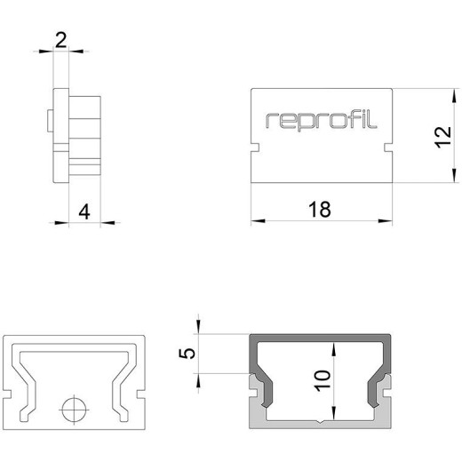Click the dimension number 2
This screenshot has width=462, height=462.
(x=60, y=41)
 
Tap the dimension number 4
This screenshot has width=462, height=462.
(x=84, y=212)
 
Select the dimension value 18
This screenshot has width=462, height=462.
(x=320, y=210)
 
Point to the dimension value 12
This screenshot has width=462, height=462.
(x=443, y=137)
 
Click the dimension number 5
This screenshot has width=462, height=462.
(x=187, y=354)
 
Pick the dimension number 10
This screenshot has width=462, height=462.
(x=323, y=380)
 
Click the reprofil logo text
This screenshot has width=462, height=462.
(x=322, y=121)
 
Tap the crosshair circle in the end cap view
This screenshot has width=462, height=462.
(x=74, y=410)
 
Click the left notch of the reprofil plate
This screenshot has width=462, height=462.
(x=255, y=147)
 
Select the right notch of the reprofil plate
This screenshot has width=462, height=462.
(x=388, y=147)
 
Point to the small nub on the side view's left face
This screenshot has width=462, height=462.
(x=50, y=121)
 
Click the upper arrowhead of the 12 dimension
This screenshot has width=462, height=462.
(x=454, y=96)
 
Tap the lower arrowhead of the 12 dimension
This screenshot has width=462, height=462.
(x=454, y=175)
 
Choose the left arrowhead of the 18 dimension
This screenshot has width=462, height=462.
(x=258, y=220)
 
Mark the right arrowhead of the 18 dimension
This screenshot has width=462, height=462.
(x=386, y=220)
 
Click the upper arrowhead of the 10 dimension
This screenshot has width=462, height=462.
(x=334, y=349)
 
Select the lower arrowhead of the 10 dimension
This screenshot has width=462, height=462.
(x=334, y=413)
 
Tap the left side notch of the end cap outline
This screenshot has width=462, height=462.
(x=7, y=394)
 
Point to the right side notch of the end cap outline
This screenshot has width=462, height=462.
(x=141, y=394)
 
